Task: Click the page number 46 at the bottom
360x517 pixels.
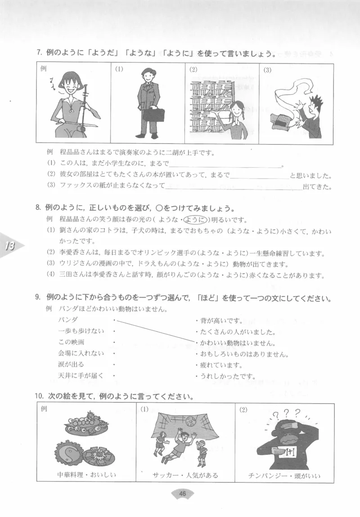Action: coord(183,494)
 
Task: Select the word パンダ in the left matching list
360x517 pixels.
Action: coord(68,320)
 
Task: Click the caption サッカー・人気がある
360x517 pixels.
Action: coord(185,475)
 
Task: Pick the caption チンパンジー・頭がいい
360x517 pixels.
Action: coord(284,475)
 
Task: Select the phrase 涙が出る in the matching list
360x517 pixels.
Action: coord(71,364)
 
